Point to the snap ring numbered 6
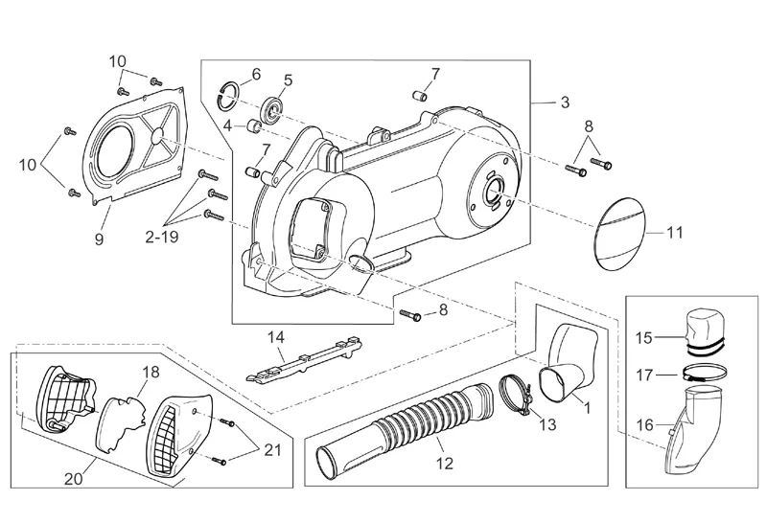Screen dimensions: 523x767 pos(229,90)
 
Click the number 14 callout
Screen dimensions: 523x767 pos(276,337)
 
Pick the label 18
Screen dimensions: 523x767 pos(151,372)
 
